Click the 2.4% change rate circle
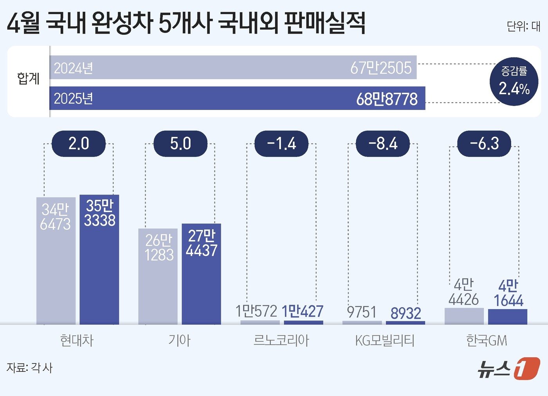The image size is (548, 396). tap(514, 81)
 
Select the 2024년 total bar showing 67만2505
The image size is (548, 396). tap(233, 67)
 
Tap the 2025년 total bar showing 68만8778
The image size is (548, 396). tap(237, 98)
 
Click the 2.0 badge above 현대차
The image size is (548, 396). tap(79, 144)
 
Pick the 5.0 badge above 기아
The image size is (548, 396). tap(180, 144)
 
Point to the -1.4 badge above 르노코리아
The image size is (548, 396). tap(281, 144)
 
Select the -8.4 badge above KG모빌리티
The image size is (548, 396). tap(383, 144)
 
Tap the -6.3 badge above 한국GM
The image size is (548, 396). tap(484, 144)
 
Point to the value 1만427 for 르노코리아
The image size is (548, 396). tap(303, 311)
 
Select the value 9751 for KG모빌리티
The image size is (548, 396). tap(362, 312)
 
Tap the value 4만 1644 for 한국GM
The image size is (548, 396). tap(508, 293)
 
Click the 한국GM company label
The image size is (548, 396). tap(487, 340)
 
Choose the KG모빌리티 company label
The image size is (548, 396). tap(384, 340)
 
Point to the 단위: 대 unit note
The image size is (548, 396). tap(523, 26)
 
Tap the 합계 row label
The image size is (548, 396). tap(28, 79)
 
